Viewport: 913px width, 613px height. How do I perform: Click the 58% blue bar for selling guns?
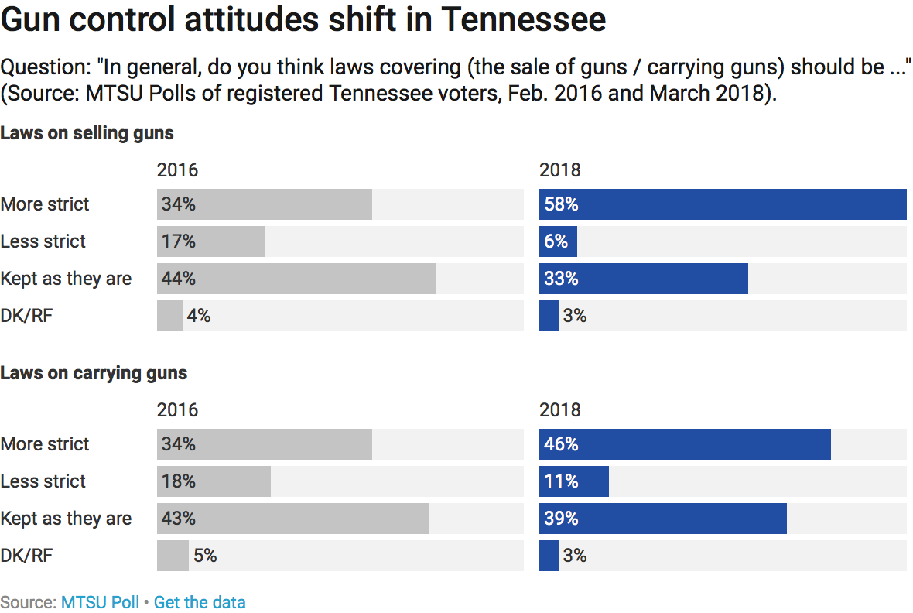pos(723,204)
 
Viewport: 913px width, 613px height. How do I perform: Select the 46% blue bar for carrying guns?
pos(685,444)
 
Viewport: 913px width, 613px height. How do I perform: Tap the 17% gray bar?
pos(210,241)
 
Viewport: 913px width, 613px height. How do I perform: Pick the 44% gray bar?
pos(296,279)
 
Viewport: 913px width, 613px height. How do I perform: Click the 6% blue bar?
pos(558,241)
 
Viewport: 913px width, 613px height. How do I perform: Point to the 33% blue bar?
pos(643,279)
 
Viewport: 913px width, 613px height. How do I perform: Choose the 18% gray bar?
pos(214,481)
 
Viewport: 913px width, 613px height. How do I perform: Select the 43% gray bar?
pos(292,519)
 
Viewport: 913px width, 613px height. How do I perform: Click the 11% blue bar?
pos(573,481)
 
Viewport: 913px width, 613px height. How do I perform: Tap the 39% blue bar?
pos(662,519)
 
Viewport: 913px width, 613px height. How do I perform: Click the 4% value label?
pos(199,316)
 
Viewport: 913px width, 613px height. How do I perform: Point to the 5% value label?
pos(204,556)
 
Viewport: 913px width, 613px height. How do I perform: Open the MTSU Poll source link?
pos(101,602)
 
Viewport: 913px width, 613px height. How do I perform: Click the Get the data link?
pos(200,602)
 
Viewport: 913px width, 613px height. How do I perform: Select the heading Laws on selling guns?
pos(87,133)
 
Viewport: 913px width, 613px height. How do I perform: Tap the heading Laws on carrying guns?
pos(94,373)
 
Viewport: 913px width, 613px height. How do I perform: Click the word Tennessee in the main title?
pos(523,20)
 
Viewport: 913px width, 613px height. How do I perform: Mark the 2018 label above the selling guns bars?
pos(559,170)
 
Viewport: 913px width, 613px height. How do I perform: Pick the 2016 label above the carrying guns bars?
pos(177,410)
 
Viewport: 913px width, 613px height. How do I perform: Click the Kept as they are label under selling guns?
pos(66,279)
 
